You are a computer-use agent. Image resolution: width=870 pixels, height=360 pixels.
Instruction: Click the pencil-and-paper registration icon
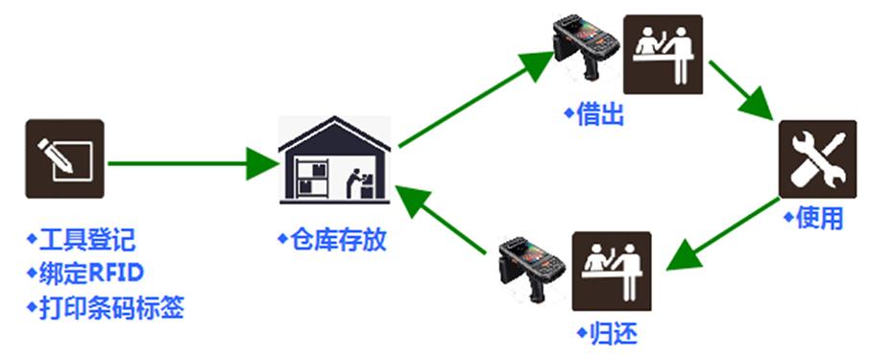click(x=64, y=158)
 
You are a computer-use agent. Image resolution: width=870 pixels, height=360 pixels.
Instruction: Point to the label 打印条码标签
click(x=105, y=308)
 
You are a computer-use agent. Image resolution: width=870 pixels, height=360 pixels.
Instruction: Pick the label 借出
click(x=595, y=116)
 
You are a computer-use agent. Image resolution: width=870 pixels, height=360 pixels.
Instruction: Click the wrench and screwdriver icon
click(x=816, y=158)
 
